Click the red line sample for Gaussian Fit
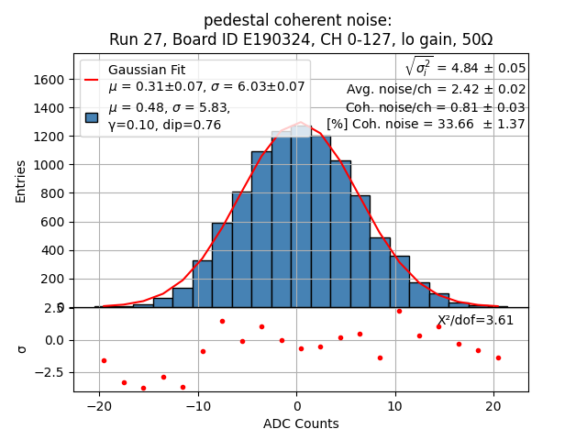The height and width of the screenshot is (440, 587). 92,79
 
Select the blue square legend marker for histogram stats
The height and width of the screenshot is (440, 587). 92,116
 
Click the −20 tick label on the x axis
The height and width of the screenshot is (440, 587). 100,404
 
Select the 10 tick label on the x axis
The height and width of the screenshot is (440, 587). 394,404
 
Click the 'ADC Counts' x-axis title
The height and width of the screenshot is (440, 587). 301,423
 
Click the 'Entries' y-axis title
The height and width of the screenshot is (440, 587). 21,181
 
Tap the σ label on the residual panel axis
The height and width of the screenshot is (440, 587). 22,348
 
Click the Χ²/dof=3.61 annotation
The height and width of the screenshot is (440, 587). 475,320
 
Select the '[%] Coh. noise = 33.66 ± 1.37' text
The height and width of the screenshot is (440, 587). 426,124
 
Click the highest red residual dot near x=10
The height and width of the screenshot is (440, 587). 399,311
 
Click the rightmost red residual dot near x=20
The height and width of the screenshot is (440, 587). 498,357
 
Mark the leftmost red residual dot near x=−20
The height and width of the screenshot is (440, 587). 104,360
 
